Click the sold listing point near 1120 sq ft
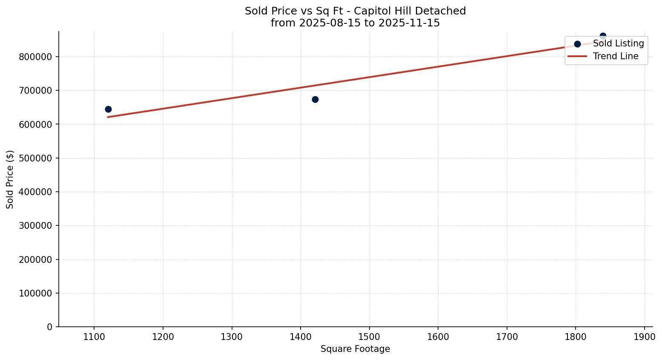tap(108, 109)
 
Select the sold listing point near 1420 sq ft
tap(315, 99)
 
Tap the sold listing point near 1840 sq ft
tap(603, 36)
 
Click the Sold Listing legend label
tap(618, 43)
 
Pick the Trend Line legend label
tap(616, 56)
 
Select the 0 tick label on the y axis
tap(50, 327)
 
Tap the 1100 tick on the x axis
tap(94, 337)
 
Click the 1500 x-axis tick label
tap(369, 337)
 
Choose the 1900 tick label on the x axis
tap(644, 337)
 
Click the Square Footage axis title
tap(355, 349)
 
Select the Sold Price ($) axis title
tap(10, 179)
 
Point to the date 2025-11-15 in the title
tap(409, 23)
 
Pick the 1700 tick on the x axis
tap(507, 337)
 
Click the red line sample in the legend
tap(577, 56)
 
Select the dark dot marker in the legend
tap(577, 44)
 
